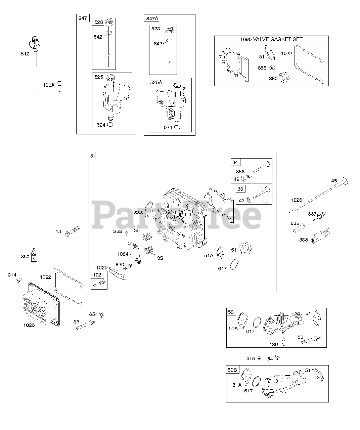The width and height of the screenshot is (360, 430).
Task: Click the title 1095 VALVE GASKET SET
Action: pos(271,39)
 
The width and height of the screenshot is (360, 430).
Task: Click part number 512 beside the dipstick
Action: pos(25,54)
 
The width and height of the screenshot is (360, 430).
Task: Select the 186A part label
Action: pos(48,85)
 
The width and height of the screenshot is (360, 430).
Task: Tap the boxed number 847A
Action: pos(151,18)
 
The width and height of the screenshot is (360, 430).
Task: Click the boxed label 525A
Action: pos(156,82)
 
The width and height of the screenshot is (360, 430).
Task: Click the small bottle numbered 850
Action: pos(34,256)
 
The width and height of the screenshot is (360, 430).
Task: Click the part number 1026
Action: pos(296,200)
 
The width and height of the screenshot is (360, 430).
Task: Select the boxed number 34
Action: pos(235,163)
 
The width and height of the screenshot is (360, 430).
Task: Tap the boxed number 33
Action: pos(240,189)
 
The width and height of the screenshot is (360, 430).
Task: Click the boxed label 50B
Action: pos(232,370)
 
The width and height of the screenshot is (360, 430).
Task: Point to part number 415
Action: pos(251,358)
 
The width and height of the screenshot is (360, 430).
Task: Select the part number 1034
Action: pos(123,254)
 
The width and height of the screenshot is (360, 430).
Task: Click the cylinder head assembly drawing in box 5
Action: pos(181,222)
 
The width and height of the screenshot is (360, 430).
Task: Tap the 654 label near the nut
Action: pos(93,314)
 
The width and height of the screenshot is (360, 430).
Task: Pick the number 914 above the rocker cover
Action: pos(12,275)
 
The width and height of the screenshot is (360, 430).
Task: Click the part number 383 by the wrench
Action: pos(303,240)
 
